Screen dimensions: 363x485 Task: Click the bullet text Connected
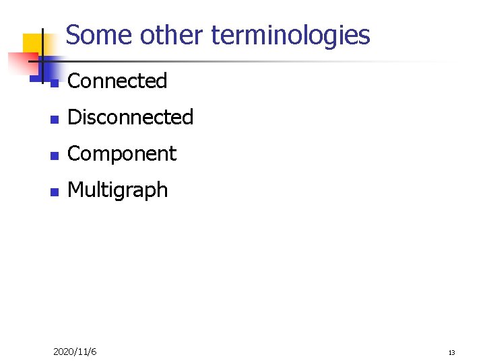pyautogui.click(x=117, y=81)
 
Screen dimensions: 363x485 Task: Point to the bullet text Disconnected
pyautogui.click(x=131, y=118)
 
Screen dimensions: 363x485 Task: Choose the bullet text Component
pyautogui.click(x=122, y=154)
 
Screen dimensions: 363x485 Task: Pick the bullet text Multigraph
pyautogui.click(x=118, y=190)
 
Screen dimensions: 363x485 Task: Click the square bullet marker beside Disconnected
pyautogui.click(x=56, y=119)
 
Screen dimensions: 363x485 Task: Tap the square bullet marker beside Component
pyautogui.click(x=56, y=155)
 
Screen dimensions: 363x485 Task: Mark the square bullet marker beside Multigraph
pyautogui.click(x=56, y=192)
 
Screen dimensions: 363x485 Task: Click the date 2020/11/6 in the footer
pyautogui.click(x=75, y=352)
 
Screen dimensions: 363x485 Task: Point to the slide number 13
pyautogui.click(x=451, y=352)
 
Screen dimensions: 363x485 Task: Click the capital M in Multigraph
pyautogui.click(x=75, y=190)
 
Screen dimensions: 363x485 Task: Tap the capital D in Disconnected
pyautogui.click(x=75, y=118)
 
